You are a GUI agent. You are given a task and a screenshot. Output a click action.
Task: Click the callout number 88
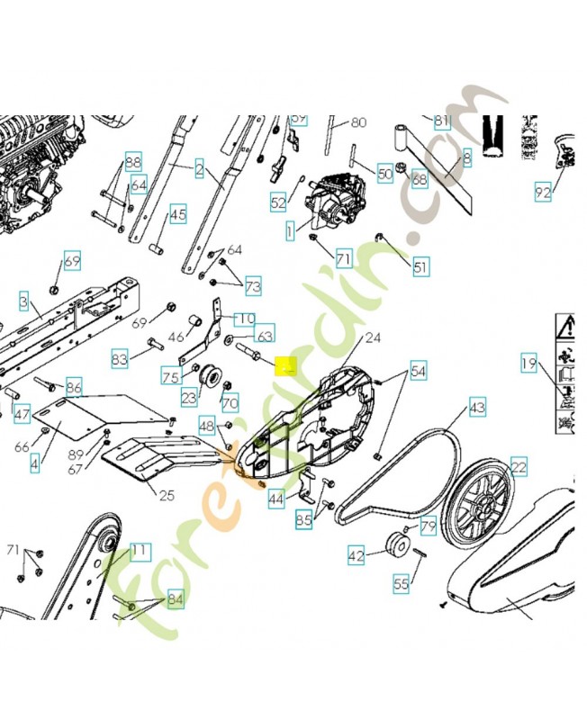click(x=133, y=162)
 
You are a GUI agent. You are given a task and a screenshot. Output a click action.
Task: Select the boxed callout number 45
click(x=178, y=214)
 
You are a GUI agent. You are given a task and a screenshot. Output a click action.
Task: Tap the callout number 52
click(x=278, y=203)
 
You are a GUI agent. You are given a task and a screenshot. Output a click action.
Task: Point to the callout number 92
click(x=542, y=192)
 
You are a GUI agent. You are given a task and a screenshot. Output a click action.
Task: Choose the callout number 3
click(x=23, y=301)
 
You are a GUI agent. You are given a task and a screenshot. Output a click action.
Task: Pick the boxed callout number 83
click(x=120, y=359)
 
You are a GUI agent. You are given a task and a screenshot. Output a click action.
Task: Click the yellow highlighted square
click(x=285, y=367)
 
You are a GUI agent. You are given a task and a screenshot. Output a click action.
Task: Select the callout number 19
click(x=528, y=364)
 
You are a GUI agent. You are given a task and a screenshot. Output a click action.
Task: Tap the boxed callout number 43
click(x=477, y=409)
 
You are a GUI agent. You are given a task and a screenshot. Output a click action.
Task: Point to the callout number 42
click(x=357, y=556)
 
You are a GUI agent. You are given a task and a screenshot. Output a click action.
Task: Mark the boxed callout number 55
click(x=401, y=584)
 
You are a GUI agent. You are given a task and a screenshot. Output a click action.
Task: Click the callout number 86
click(x=75, y=388)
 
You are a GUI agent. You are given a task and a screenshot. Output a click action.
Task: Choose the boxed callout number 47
click(x=22, y=415)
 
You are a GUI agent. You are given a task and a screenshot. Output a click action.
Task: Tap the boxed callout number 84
click(x=175, y=599)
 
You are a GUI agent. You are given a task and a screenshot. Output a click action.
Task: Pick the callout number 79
click(x=428, y=526)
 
